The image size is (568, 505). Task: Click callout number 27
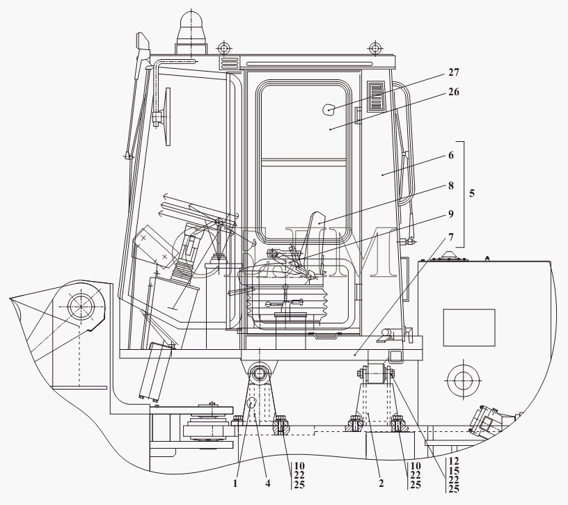click(454, 72)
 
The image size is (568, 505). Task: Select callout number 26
click(454, 92)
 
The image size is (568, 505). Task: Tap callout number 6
click(451, 155)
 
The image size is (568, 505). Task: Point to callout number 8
click(451, 186)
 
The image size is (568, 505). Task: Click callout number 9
click(451, 214)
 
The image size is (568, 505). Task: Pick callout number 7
click(451, 237)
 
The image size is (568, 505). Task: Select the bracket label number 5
click(472, 193)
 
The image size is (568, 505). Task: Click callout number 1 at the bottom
click(235, 483)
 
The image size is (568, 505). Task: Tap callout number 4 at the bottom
click(268, 483)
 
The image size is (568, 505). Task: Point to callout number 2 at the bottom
click(381, 483)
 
